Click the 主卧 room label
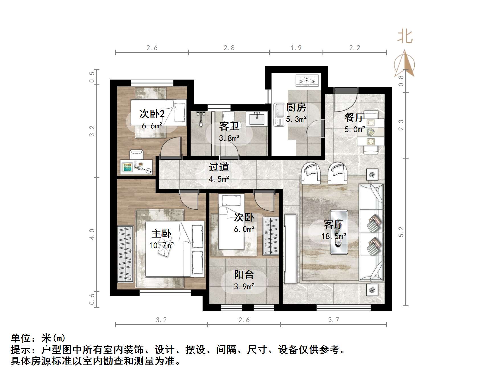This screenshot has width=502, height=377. pos(161,234)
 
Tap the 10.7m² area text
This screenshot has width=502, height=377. pos(161,245)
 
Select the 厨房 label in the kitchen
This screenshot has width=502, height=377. pos(296,108)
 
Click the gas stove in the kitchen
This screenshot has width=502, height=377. pos(307,81)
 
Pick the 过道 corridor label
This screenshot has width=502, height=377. pos(219,167)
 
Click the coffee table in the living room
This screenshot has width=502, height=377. pos(339,232)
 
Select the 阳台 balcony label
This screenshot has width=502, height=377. pos(244,275)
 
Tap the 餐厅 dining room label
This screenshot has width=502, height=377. pos(354,117)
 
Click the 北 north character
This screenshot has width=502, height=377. pos(405,37)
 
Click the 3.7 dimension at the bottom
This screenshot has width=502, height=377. pos(333,320)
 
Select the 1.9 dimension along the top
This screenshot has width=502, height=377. pos(296,48)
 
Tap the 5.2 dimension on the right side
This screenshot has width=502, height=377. pos(401,232)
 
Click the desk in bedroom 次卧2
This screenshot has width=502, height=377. pos(136,167)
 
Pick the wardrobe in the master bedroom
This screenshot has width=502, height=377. pos(125,253)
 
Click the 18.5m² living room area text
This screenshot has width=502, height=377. pos(334,236)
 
